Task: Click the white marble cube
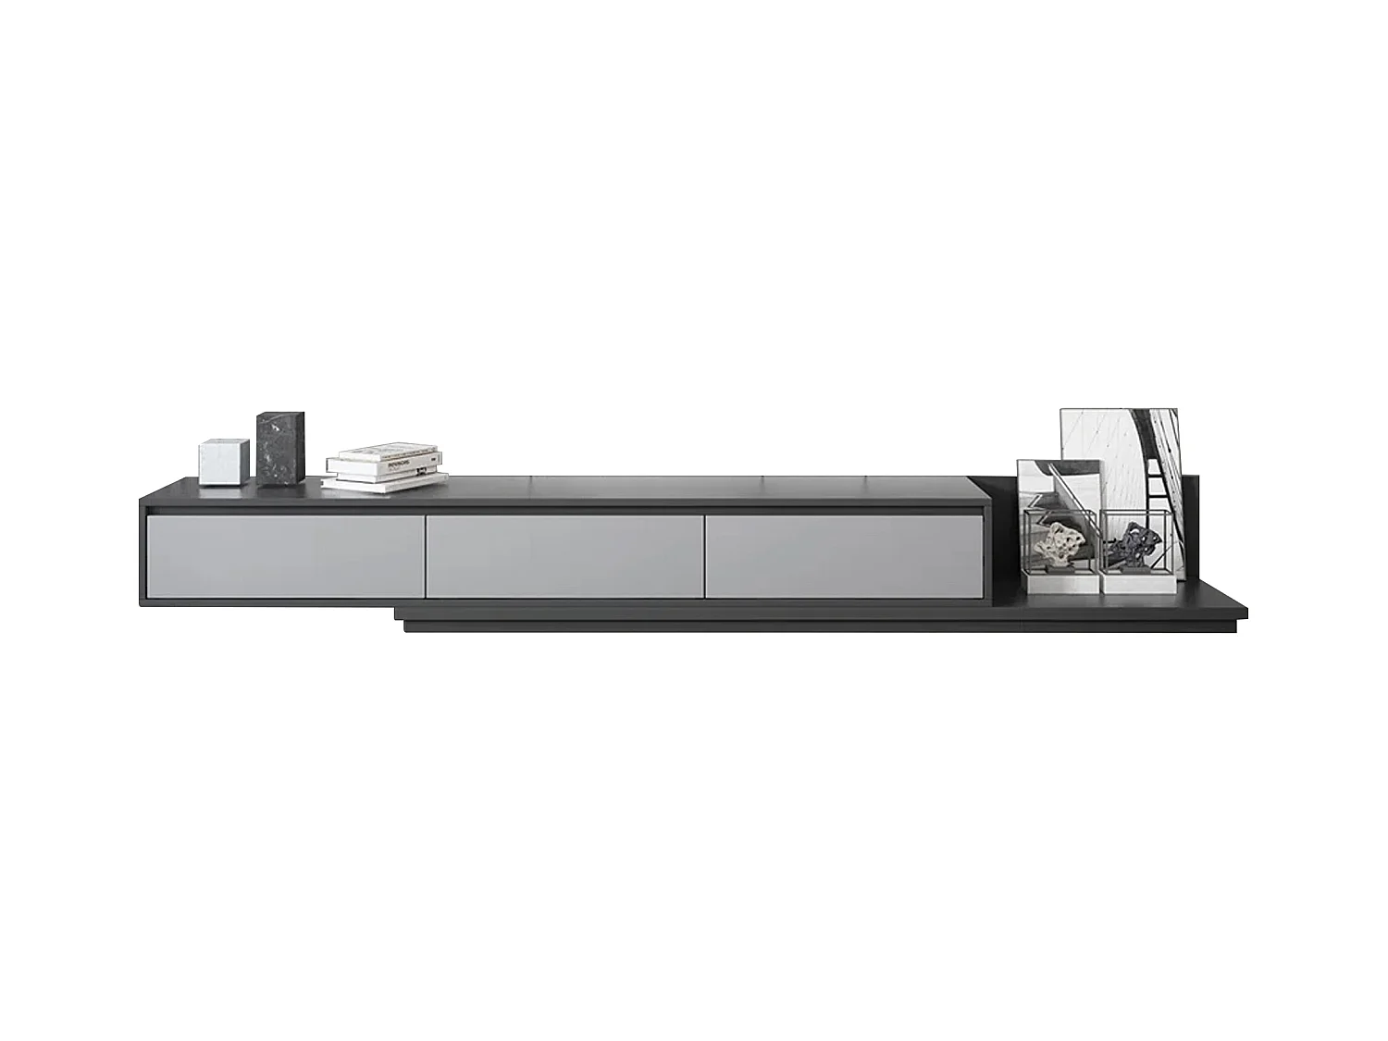click(224, 462)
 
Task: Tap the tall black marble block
click(280, 448)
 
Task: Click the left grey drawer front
click(285, 555)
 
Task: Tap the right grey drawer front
click(842, 555)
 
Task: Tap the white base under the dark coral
click(1136, 581)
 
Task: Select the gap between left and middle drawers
click(424, 555)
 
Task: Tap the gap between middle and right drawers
click(702, 555)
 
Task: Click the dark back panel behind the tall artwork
click(1191, 527)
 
